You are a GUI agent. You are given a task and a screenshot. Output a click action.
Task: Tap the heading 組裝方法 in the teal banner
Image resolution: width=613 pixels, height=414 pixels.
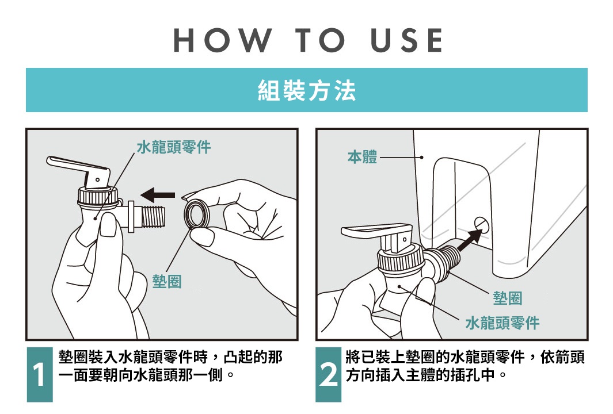[x=307, y=91]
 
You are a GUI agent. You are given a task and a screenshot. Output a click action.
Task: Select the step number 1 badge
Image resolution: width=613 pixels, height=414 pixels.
[x=39, y=374]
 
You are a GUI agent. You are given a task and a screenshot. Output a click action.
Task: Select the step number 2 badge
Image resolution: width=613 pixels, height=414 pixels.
[x=328, y=374]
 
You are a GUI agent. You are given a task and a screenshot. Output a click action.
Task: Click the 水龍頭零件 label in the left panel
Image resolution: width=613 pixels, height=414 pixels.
[x=174, y=147]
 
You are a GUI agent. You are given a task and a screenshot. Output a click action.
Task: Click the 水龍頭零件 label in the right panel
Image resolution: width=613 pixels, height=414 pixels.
[x=502, y=323]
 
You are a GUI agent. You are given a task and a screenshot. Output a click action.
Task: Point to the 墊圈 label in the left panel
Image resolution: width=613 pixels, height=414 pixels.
[x=167, y=281]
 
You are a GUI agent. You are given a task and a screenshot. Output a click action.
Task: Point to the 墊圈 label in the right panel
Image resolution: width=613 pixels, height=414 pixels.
[x=508, y=298]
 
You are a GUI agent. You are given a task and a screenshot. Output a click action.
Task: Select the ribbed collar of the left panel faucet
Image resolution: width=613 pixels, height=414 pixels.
[x=98, y=197]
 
